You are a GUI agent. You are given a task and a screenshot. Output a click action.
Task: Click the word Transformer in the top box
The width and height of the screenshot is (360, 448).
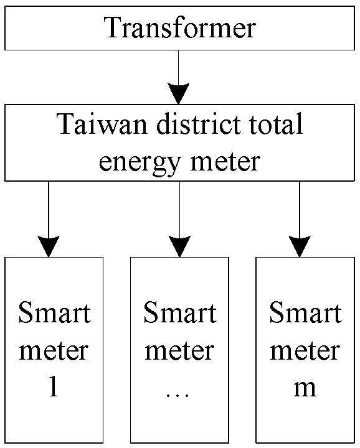179,27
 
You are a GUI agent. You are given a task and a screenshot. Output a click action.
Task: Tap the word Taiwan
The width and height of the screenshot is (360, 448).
102,124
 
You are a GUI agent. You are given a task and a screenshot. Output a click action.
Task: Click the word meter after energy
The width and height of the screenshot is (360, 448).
225,161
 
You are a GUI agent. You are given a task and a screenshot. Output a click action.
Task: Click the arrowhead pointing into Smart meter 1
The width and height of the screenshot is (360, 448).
49,246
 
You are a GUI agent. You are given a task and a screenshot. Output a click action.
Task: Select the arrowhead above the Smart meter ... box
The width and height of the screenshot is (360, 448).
179,246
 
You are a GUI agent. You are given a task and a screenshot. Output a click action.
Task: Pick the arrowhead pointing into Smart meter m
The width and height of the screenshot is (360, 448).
300,246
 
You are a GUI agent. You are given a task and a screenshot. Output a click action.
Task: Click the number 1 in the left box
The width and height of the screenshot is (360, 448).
54,386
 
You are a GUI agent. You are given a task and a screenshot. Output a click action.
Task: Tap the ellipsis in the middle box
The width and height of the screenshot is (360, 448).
178,395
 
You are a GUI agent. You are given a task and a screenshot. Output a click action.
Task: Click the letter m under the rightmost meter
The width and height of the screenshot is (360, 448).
305,388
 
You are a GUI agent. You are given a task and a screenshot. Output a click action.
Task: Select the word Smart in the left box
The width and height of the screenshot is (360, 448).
55,312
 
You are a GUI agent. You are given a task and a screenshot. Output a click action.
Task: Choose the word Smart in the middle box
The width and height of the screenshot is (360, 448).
180,312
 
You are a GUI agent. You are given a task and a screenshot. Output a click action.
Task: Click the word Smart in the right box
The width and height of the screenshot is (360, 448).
305,312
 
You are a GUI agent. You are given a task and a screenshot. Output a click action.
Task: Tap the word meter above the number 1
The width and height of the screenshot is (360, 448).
54,350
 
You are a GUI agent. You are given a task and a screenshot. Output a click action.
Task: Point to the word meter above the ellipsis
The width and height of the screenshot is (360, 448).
179,350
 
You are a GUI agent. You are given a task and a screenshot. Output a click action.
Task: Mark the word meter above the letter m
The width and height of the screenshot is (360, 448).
305,350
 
